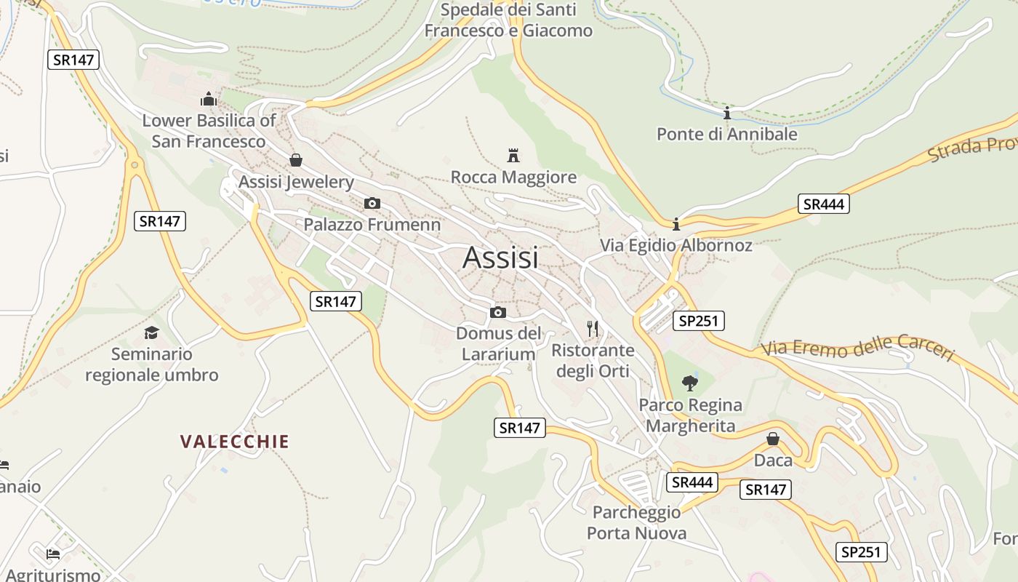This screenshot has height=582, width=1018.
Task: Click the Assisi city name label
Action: pyautogui.click(x=500, y=258)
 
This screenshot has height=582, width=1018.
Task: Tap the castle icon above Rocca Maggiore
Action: pyautogui.click(x=513, y=155)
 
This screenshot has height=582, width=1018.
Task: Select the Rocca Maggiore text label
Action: pyautogui.click(x=513, y=177)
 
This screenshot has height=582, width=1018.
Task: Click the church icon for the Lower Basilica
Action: pyautogui.click(x=209, y=99)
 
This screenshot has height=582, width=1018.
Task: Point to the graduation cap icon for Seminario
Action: pyautogui.click(x=151, y=332)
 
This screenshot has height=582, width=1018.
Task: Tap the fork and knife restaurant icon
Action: pyautogui.click(x=593, y=328)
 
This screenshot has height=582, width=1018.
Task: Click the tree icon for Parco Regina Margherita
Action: pyautogui.click(x=690, y=383)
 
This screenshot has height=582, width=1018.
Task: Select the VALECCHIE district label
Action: pyautogui.click(x=235, y=441)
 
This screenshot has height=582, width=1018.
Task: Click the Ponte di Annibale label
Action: pyautogui.click(x=726, y=134)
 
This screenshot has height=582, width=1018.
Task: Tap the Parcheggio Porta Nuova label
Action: pyautogui.click(x=636, y=522)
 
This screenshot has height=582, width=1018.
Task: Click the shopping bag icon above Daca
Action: pyautogui.click(x=773, y=439)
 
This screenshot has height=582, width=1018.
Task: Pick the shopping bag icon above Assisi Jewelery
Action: pyautogui.click(x=296, y=159)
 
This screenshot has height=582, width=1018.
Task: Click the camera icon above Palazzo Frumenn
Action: pyautogui.click(x=372, y=203)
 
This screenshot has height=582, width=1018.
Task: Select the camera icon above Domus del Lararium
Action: pyautogui.click(x=498, y=312)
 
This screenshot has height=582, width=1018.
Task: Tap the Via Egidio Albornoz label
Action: pyautogui.click(x=676, y=245)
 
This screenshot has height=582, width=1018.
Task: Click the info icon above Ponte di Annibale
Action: pyautogui.click(x=726, y=113)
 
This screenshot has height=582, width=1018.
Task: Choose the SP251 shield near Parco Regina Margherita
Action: pyautogui.click(x=698, y=321)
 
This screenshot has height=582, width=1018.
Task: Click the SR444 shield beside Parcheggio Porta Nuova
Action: pyautogui.click(x=692, y=482)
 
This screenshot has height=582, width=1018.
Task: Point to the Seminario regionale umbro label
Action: pyautogui.click(x=151, y=364)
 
